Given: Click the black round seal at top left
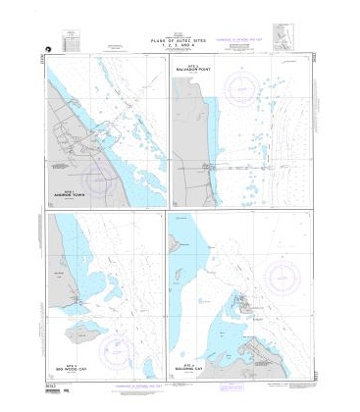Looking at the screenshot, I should (43, 47).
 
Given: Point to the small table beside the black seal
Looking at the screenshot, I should (69, 41).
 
